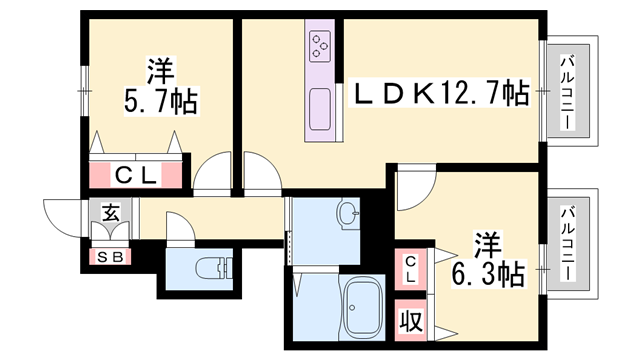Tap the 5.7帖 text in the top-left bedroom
pyautogui.click(x=160, y=102)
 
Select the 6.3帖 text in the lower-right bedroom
pyautogui.click(x=488, y=275)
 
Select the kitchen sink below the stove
pyautogui.click(x=321, y=102)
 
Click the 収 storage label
pyautogui.click(x=410, y=322)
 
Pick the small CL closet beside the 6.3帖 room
pyautogui.click(x=410, y=268)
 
